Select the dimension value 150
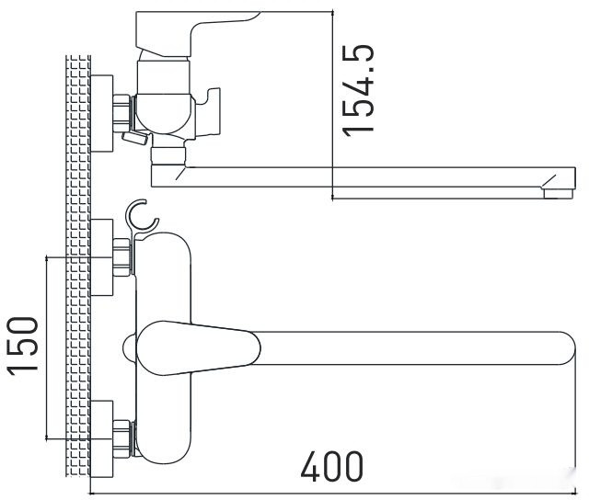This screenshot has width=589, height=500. pyautogui.click(x=23, y=345)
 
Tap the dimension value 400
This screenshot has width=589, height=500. pyautogui.click(x=332, y=467)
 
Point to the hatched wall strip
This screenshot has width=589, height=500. pyautogui.click(x=78, y=276)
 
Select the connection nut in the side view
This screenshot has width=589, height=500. pyautogui.click(x=121, y=109)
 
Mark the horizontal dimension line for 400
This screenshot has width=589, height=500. pyautogui.click(x=331, y=490)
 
